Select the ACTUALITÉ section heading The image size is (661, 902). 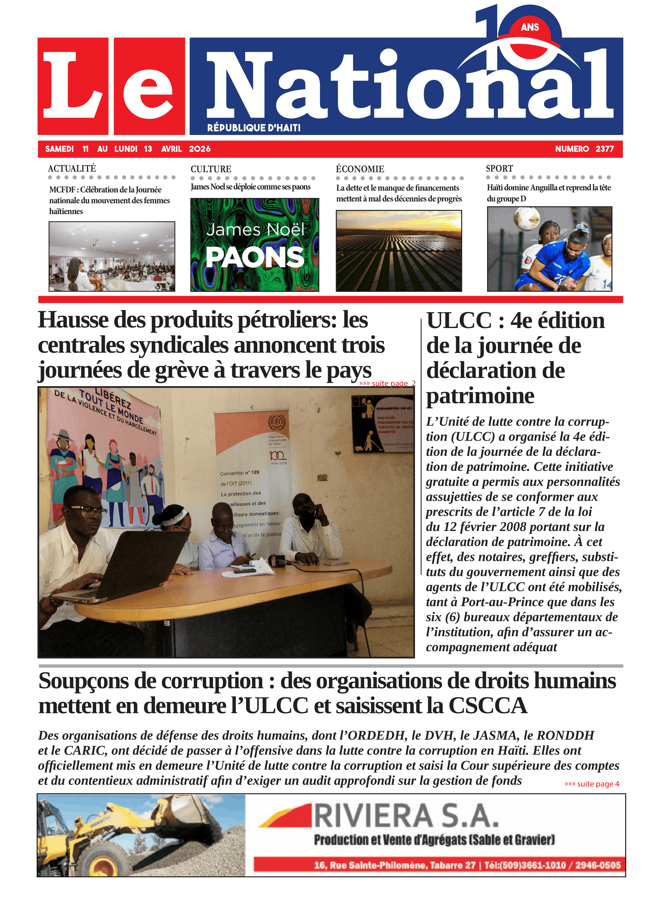(x=72, y=169)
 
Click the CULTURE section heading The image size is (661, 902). (x=211, y=169)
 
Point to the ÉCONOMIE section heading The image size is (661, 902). (x=360, y=169)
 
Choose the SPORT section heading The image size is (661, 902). (x=499, y=169)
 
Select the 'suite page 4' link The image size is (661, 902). (x=592, y=784)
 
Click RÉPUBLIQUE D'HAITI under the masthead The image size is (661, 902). (x=254, y=128)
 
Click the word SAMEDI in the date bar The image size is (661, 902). (x=59, y=149)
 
